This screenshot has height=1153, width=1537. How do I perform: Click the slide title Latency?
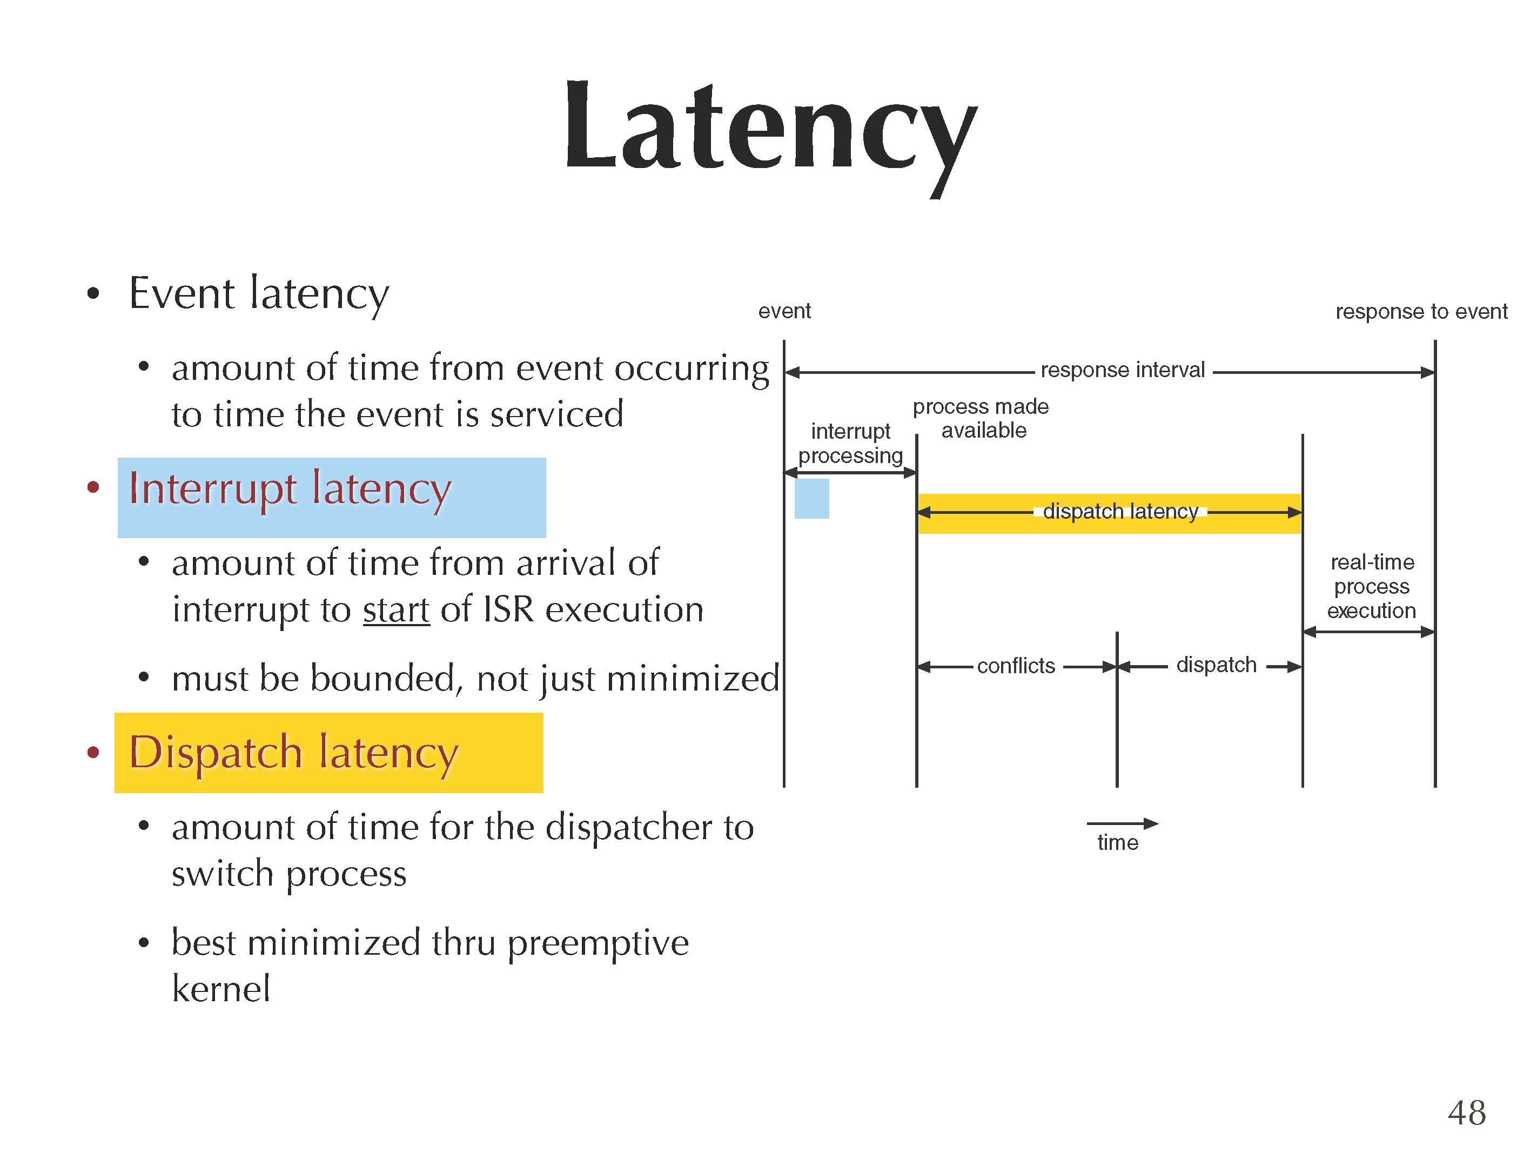(x=770, y=129)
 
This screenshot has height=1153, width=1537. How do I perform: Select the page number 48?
(x=1466, y=1112)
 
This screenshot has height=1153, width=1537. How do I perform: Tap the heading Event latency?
(x=258, y=293)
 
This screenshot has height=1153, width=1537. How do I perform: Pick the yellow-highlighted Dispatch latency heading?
(x=294, y=753)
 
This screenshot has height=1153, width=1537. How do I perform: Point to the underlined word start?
(x=396, y=610)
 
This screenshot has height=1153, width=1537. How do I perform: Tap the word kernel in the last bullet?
(x=221, y=989)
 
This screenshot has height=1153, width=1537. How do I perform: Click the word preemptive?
(x=598, y=944)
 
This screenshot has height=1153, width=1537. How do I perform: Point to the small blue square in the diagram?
(x=811, y=498)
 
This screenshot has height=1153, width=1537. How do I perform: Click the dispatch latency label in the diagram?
(x=1120, y=512)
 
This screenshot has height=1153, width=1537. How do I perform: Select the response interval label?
(x=1122, y=370)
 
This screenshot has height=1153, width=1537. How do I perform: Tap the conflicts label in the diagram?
(x=1016, y=666)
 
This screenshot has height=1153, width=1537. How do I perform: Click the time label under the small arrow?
(x=1117, y=842)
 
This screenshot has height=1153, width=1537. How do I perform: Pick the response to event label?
(x=1421, y=311)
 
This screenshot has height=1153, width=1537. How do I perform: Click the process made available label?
(x=981, y=418)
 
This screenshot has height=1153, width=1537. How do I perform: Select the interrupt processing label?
(x=850, y=444)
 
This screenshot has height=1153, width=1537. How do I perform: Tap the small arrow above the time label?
(x=1122, y=823)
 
